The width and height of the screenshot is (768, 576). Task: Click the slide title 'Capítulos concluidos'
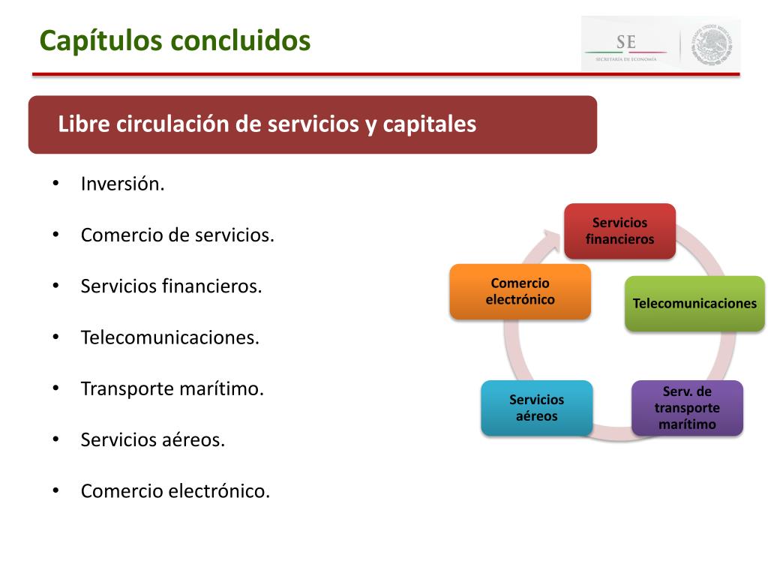pos(175,40)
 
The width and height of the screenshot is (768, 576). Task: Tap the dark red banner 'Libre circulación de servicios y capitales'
pos(312,124)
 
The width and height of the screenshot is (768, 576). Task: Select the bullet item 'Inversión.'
pos(122,184)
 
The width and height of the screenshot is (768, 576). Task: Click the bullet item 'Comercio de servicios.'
pos(178,235)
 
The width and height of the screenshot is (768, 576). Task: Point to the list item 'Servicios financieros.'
pos(171,286)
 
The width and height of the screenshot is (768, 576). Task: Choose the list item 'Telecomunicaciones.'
pos(169,337)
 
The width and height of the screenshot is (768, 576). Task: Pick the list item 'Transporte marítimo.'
pos(172,388)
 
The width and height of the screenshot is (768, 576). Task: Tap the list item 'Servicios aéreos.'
pos(153,440)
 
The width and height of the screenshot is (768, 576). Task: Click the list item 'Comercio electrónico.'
pos(175,491)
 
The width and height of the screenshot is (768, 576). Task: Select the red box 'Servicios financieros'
pos(619,231)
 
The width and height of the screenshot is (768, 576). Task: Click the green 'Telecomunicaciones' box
pos(694,304)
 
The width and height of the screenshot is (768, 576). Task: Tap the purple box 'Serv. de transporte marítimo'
pos(687,408)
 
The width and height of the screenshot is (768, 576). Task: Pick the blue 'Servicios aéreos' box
pos(536,408)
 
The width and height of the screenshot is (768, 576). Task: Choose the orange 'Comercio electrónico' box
pos(520,292)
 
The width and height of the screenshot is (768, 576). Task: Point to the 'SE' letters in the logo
pos(625,41)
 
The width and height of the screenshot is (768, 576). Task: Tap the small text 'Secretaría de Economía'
pos(625,58)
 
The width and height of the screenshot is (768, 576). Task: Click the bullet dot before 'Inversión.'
pos(55,184)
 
